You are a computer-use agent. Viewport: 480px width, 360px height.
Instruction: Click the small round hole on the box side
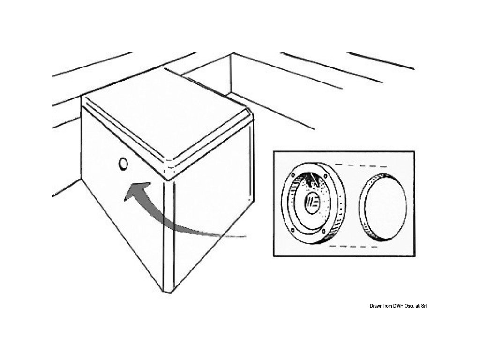[x=123, y=164]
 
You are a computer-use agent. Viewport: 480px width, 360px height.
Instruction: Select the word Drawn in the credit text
[x=364, y=306]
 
